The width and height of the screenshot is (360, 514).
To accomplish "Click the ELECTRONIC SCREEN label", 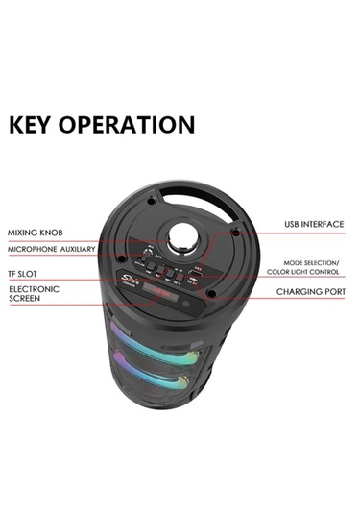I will [x=34, y=293].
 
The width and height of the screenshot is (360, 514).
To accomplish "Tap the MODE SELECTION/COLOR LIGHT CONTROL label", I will [x=310, y=267].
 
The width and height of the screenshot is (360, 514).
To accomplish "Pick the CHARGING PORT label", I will [x=311, y=291].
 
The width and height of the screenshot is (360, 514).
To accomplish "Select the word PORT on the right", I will [x=330, y=291].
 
